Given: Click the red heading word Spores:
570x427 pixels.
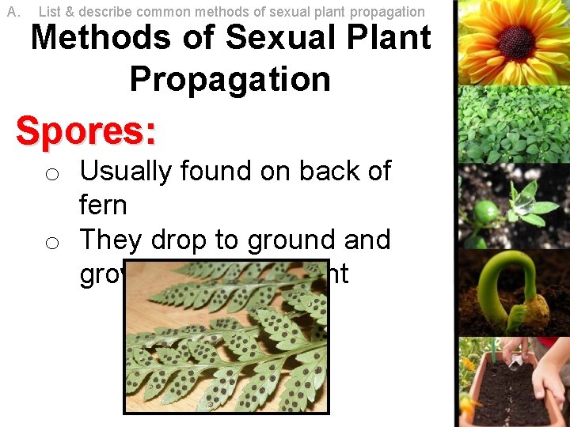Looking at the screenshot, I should pyautogui.click(x=85, y=131).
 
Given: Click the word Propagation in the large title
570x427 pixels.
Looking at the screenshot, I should pyautogui.click(x=230, y=79).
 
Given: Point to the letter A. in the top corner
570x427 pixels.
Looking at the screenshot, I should pyautogui.click(x=13, y=12).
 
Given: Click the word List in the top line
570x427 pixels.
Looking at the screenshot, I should pyautogui.click(x=49, y=12).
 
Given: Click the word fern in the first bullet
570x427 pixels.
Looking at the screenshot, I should pyautogui.click(x=103, y=206).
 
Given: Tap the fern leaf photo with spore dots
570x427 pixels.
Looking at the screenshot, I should pyautogui.click(x=226, y=336).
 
